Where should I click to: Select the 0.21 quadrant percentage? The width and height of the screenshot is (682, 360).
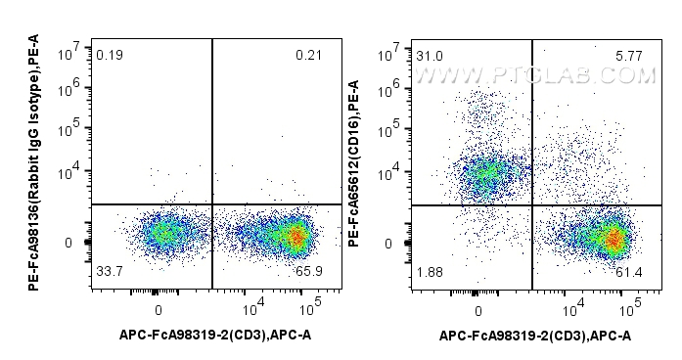309,57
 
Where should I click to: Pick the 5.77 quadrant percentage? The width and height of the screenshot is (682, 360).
627,57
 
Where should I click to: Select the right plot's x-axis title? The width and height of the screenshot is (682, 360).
535,336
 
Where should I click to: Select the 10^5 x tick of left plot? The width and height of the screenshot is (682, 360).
309,310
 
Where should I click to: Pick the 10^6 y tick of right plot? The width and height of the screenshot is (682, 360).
391,88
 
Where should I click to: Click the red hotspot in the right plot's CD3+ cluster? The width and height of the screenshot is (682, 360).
613,238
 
